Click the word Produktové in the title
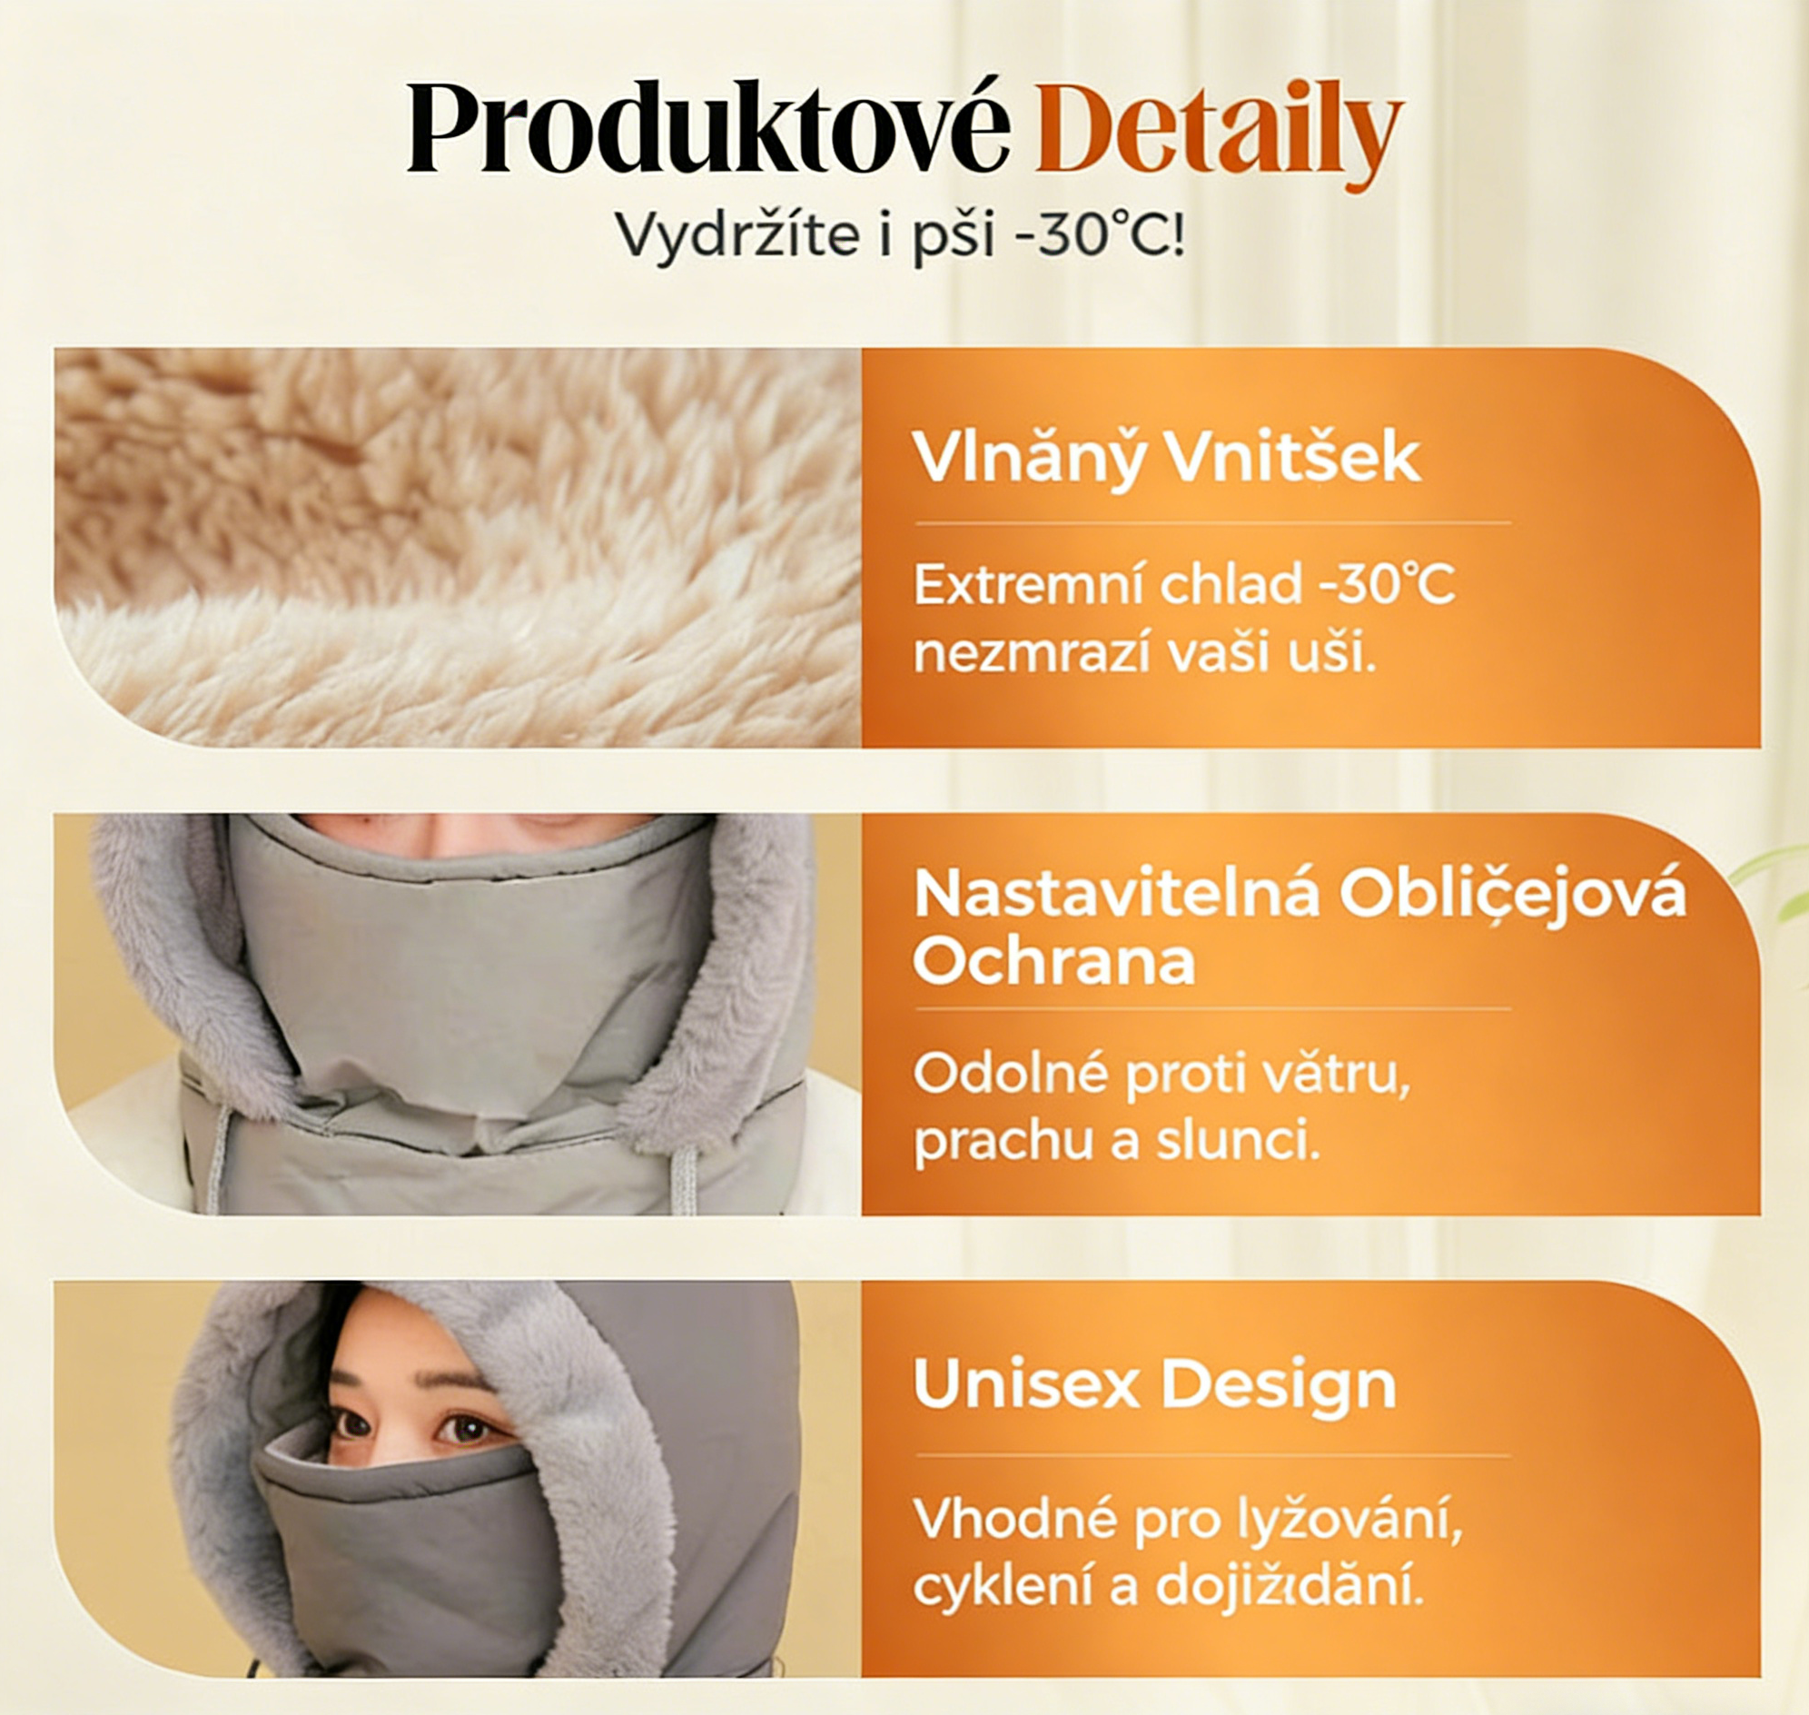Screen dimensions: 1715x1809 [708, 130]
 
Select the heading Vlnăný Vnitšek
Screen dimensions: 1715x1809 [1166, 457]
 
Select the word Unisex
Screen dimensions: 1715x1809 [1028, 1385]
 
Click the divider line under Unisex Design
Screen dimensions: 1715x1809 [1212, 1454]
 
